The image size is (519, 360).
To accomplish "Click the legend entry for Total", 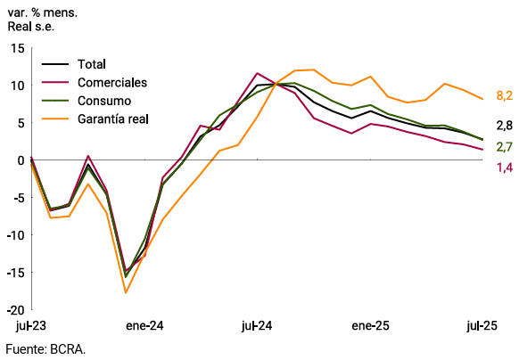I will [92, 64].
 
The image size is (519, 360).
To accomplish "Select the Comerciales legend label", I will [112, 82].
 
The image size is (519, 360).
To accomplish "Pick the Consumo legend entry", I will [104, 100].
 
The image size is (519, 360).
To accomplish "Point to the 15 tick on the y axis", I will [17, 48].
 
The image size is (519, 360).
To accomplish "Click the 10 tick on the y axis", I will [17, 86].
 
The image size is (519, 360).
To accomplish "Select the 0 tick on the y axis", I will [21, 160].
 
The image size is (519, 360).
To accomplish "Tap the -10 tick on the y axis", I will [15, 235].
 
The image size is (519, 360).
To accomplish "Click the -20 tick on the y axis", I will [15, 310].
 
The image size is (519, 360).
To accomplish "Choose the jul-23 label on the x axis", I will [30, 326].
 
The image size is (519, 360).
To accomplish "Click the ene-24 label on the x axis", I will [144, 326].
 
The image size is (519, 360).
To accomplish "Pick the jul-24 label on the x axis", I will [257, 326].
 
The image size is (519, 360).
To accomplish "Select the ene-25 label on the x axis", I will [370, 326].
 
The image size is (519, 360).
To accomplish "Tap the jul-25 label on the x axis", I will [482, 326].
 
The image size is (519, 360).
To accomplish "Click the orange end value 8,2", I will [503, 95].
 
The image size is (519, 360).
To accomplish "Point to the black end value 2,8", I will [503, 126].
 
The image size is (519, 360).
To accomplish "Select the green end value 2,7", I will [503, 147].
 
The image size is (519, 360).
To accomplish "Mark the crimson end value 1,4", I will [503, 168].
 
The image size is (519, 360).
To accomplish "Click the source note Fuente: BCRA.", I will [44, 349].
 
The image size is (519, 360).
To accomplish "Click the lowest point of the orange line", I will [126, 292].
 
